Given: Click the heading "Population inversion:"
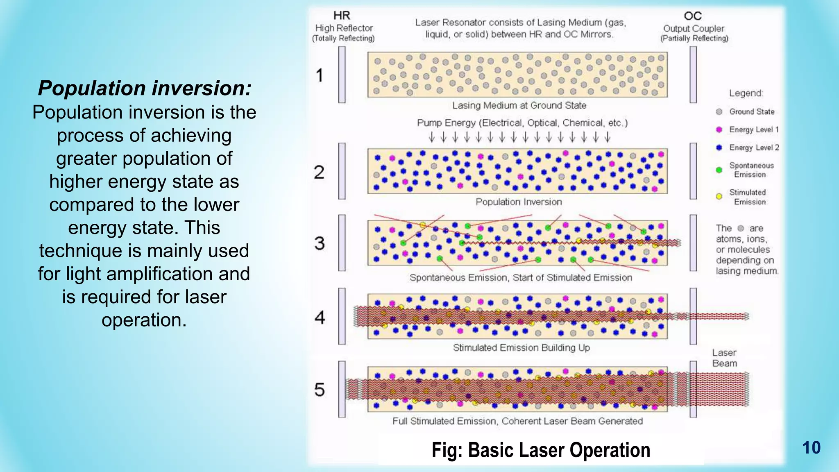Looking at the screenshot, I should point(145,88).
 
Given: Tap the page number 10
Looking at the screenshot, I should point(811,447).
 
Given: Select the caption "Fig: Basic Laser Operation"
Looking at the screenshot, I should point(541,450).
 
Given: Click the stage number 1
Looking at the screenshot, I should point(320,75).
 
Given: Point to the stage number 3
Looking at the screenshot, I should point(320,243).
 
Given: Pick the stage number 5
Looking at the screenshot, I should point(320,390).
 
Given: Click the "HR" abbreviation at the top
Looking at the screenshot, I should point(342,16).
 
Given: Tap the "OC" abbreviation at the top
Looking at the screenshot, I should point(693,16).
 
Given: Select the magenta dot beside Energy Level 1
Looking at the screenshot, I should point(719,130).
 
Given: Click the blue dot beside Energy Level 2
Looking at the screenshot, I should point(719,147).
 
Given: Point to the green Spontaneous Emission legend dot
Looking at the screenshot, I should point(719,170).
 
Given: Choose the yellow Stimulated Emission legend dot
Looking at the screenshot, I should point(719,197).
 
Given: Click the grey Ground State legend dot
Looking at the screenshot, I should point(719,112).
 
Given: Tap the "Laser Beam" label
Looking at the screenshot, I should point(724,358).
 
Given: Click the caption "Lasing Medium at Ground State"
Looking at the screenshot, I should point(519,106).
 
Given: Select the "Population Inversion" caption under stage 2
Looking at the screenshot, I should point(519,202).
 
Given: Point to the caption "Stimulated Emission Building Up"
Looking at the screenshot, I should point(521,348).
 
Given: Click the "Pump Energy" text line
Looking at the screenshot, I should point(522,123).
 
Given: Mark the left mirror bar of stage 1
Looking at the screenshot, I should point(342,75).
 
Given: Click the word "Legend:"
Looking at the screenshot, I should point(746,93).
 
